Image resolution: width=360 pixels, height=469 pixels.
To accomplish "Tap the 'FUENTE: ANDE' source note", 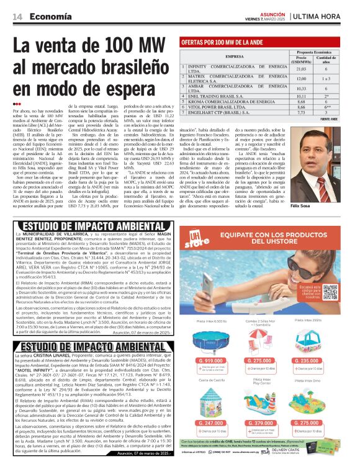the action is coord(346,118).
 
